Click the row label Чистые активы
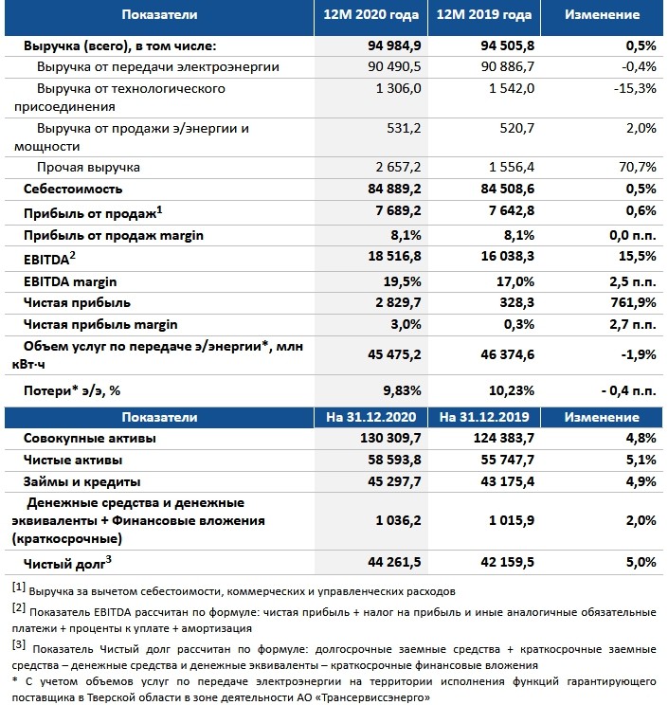[75, 460]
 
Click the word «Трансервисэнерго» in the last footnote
[374, 696]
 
